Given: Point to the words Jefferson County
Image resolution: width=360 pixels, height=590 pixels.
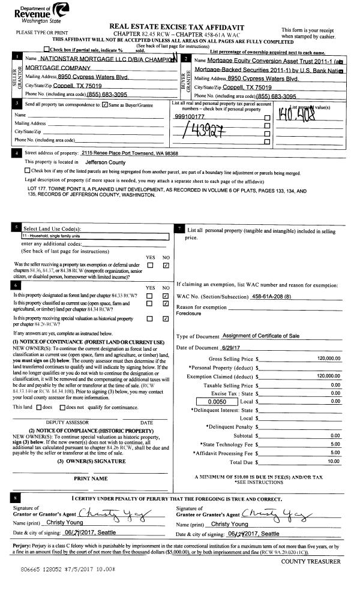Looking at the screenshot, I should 105,162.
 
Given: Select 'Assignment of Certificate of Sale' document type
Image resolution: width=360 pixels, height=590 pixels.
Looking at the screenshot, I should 260,336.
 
